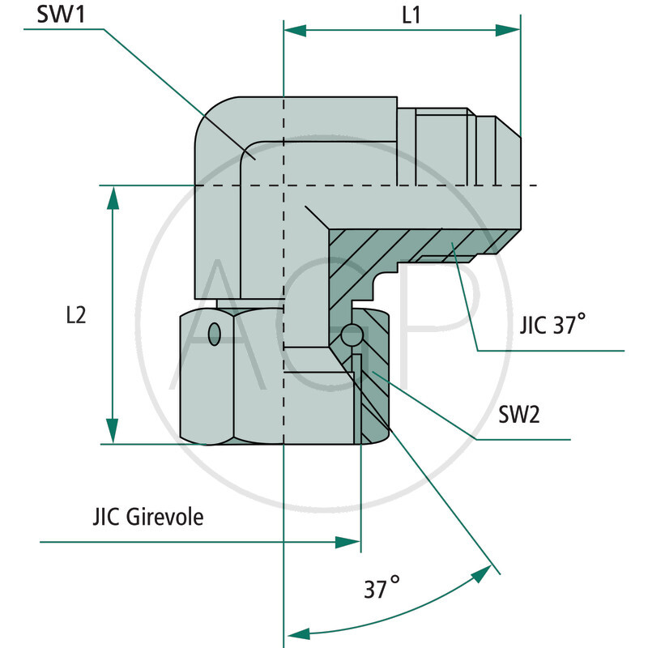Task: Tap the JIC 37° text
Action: click(x=552, y=326)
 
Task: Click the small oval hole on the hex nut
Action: click(x=214, y=334)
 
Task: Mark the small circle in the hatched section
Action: click(x=352, y=333)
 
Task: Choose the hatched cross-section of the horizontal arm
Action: click(x=405, y=243)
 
